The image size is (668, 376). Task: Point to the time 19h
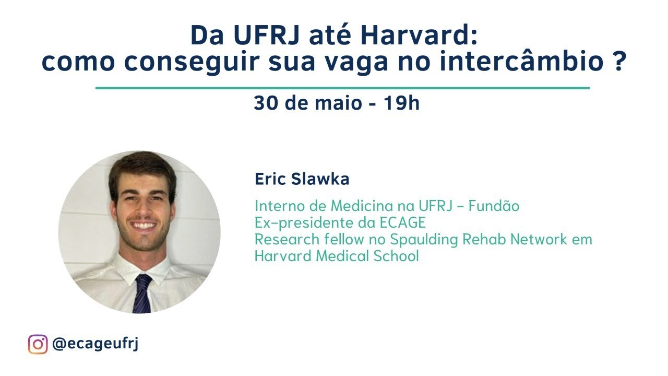tap(401, 103)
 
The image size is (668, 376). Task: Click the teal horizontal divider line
tap(342, 88)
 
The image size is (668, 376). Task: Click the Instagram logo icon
tap(38, 345)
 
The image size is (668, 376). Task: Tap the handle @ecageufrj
tap(96, 345)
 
